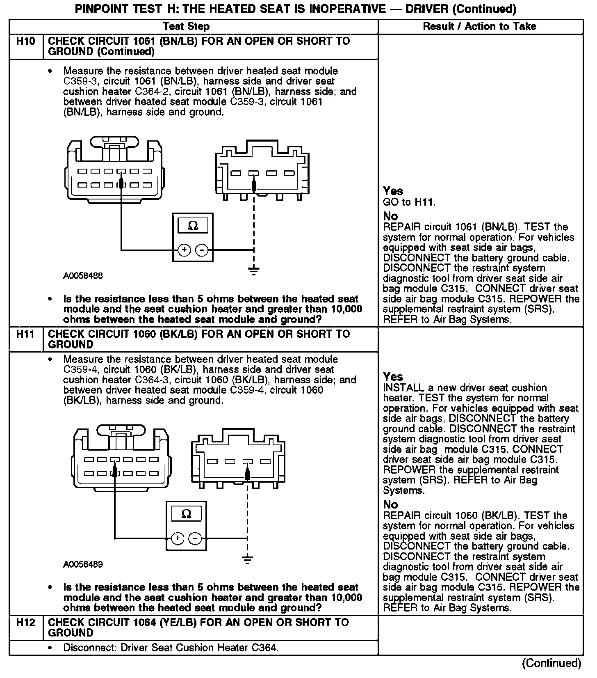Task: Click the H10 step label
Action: [x=25, y=41]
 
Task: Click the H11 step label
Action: [x=25, y=334]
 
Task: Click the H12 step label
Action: [x=25, y=623]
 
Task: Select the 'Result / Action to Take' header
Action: [x=479, y=27]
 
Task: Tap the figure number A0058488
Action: [x=83, y=276]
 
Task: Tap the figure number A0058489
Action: [x=83, y=564]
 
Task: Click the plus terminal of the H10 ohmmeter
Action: [x=184, y=250]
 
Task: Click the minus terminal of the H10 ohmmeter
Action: [x=201, y=250]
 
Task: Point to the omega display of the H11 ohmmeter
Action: [x=186, y=514]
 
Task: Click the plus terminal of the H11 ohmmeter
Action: [x=178, y=538]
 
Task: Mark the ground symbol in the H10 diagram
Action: [x=254, y=270]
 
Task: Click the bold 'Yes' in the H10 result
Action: [x=393, y=191]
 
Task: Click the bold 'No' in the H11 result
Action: [x=390, y=504]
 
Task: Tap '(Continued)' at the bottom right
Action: [x=551, y=663]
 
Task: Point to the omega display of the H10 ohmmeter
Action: [x=193, y=226]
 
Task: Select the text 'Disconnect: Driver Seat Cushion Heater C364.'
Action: [x=171, y=648]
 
